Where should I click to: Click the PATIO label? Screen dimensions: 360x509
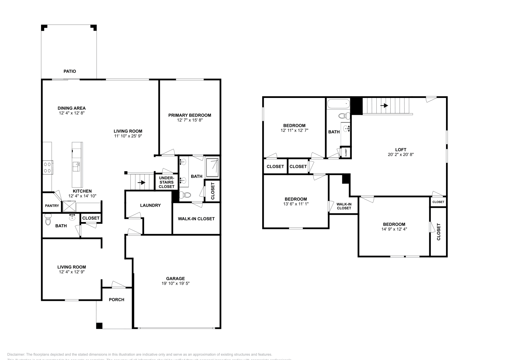point(70,71)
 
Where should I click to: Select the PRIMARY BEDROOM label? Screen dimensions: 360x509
point(190,115)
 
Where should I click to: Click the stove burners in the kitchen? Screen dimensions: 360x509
point(47,167)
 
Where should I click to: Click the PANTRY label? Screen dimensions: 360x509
point(52,206)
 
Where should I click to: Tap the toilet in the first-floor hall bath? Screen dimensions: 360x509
point(48,219)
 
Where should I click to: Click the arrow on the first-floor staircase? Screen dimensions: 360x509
point(141,183)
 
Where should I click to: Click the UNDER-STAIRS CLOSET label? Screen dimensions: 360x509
point(166,182)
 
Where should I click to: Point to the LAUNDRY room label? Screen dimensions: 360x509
point(150,205)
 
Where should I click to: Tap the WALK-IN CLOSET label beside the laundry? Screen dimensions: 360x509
point(196,219)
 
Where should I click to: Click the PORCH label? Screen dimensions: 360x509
point(116,300)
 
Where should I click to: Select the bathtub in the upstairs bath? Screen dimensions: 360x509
point(338,104)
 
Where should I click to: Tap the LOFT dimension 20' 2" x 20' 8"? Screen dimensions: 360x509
point(401,155)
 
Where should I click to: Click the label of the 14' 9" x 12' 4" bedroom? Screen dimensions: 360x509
point(394,224)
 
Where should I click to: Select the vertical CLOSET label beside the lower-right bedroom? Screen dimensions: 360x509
point(439,232)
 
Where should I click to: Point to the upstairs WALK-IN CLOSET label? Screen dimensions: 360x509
point(344,206)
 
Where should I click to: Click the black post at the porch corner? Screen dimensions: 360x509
point(99,326)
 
